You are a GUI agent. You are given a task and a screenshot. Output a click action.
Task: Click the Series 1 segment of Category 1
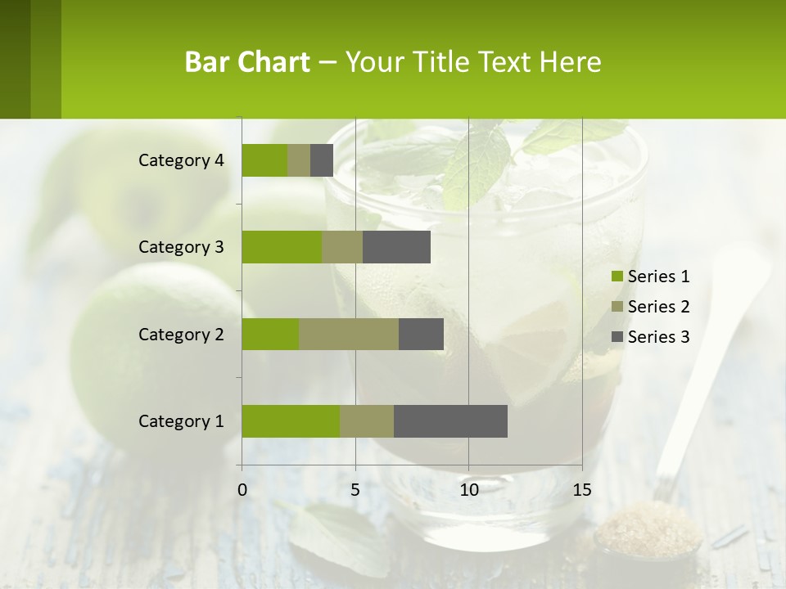(291, 420)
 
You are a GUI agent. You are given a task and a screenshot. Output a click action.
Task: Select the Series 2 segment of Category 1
(367, 420)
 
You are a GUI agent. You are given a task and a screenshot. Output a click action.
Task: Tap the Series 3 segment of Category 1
(450, 420)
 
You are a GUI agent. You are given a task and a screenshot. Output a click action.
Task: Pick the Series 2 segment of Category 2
(349, 334)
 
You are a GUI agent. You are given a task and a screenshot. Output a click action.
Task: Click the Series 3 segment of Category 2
(421, 334)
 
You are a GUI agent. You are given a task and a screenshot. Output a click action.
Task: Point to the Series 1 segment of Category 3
(282, 247)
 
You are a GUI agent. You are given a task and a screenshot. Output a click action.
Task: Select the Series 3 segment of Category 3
(396, 247)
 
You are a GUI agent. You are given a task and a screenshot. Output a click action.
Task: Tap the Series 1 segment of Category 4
(264, 160)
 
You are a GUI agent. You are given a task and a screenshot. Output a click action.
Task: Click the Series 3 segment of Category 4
(322, 160)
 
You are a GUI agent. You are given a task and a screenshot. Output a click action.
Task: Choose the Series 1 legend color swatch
(617, 277)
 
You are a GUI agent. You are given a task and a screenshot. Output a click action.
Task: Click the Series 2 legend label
(658, 307)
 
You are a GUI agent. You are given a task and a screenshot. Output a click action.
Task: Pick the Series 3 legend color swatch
(617, 337)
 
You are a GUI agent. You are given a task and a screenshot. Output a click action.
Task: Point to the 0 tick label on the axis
(242, 490)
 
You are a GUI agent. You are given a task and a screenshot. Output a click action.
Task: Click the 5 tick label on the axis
(355, 490)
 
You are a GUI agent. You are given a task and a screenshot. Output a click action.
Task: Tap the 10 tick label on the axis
(468, 490)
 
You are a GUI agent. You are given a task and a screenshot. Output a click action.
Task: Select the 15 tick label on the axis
(581, 490)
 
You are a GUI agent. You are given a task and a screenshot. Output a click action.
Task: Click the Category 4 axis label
(181, 160)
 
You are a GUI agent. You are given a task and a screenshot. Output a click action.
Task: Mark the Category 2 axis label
(181, 334)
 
